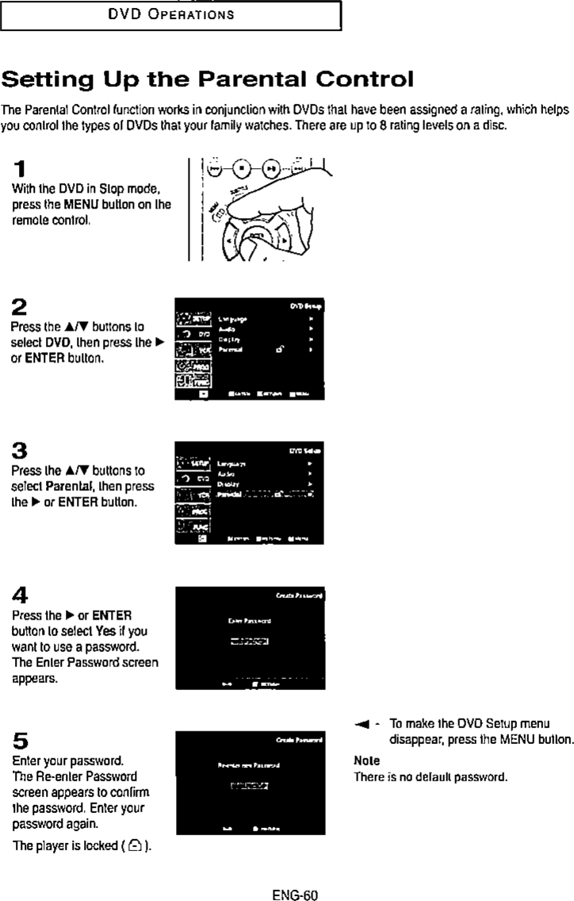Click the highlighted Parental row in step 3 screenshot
265,494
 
